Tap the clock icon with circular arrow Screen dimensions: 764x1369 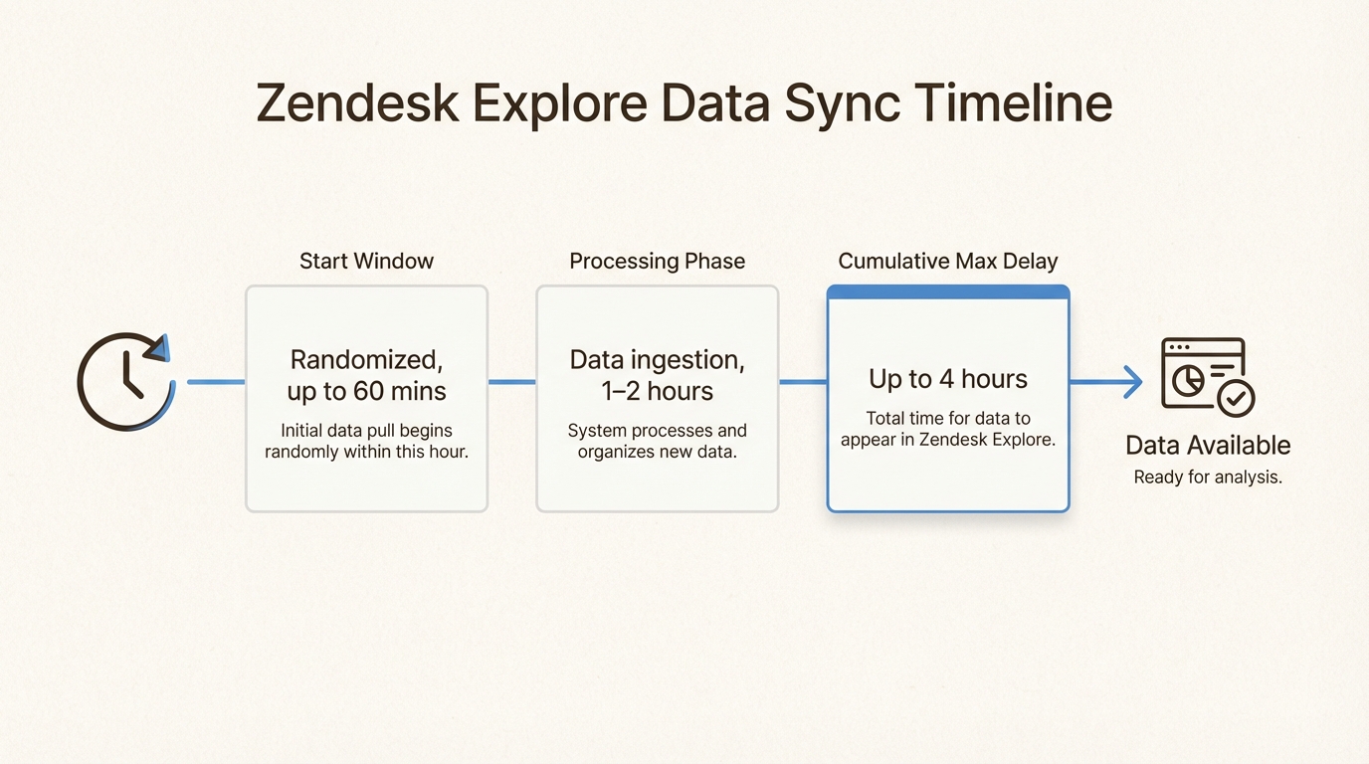tap(125, 382)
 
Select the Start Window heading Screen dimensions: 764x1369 tap(366, 261)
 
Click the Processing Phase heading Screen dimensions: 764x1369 tap(657, 261)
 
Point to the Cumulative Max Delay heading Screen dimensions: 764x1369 tap(947, 261)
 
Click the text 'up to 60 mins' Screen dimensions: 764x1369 tap(366, 391)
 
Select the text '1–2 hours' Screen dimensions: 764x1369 tap(657, 391)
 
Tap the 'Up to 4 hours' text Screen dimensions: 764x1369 tap(947, 379)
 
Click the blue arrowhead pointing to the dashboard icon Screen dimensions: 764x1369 tap(1132, 382)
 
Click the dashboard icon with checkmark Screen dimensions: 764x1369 tap(1207, 376)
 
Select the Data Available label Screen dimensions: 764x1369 tap(1207, 445)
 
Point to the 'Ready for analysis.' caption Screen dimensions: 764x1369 tap(1207, 477)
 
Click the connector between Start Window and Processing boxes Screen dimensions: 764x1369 tap(511, 382)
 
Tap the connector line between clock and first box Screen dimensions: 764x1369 tap(216, 382)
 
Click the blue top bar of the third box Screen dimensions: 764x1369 tap(947, 292)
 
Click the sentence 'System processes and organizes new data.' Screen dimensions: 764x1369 tap(657, 442)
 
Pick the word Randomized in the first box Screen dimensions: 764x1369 tap(366, 359)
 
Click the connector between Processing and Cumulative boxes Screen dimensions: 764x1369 tap(802, 382)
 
